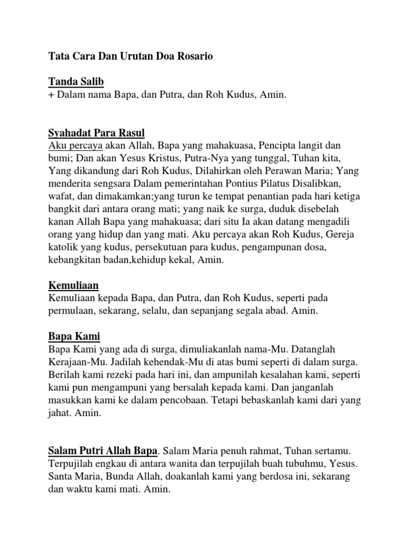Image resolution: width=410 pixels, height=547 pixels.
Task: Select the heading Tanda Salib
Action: [x=76, y=82]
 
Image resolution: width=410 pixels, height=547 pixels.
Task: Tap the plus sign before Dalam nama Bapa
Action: [x=51, y=95]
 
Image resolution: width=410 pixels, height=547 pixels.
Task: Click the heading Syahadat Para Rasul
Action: [x=97, y=132]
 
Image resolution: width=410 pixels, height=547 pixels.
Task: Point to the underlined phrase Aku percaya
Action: [x=75, y=146]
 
